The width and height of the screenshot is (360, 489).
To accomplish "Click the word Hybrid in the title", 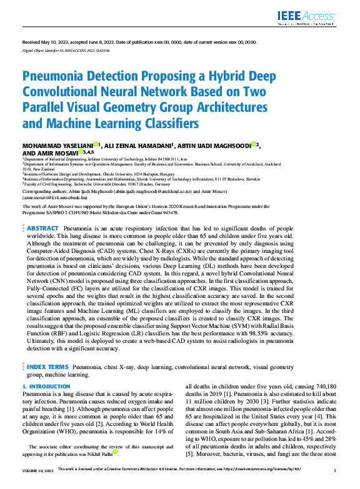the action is click(187, 77).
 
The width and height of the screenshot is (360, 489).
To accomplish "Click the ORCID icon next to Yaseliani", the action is click(96, 144).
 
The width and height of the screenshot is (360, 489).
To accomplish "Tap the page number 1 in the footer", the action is click(336, 470).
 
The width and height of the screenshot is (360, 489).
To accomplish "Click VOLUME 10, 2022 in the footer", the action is click(38, 470).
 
